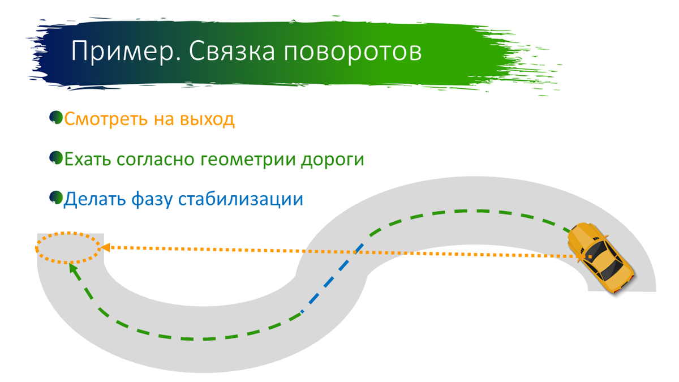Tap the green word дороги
pyautogui.click(x=331, y=160)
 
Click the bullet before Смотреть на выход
pyautogui.click(x=56, y=118)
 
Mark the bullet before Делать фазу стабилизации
pyautogui.click(x=56, y=198)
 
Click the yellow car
pyautogui.click(x=600, y=257)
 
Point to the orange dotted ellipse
pyautogui.click(x=68, y=247)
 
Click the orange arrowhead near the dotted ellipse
pyautogui.click(x=105, y=247)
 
